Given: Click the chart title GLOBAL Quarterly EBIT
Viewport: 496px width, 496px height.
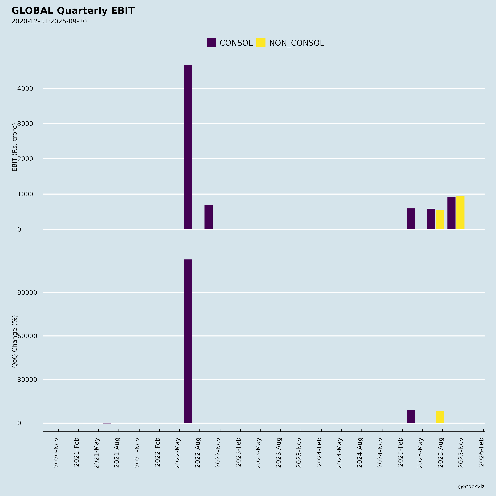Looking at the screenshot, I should pyautogui.click(x=73, y=11).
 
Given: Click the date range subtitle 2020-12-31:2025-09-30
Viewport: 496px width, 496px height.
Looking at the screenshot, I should pyautogui.click(x=49, y=21).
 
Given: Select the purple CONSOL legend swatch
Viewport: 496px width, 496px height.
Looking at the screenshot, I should pyautogui.click(x=211, y=43).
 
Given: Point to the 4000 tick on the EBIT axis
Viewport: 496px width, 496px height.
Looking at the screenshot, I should pyautogui.click(x=25, y=89).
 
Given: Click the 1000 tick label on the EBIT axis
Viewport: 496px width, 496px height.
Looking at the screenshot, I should pyautogui.click(x=25, y=194).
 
